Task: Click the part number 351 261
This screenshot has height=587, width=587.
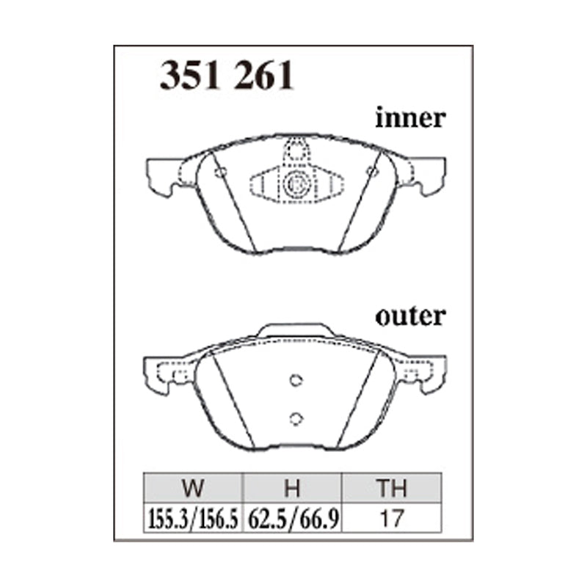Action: click(227, 76)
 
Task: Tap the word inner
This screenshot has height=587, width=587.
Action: click(410, 118)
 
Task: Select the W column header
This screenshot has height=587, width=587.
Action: click(193, 488)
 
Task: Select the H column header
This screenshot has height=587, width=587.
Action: click(292, 488)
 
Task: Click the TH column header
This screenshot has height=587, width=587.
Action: click(392, 488)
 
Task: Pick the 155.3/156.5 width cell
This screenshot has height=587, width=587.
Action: click(193, 518)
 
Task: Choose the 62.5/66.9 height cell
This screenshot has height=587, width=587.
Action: click(293, 518)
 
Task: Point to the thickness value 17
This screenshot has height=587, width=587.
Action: click(392, 518)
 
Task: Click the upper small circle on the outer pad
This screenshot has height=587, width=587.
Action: click(296, 380)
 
